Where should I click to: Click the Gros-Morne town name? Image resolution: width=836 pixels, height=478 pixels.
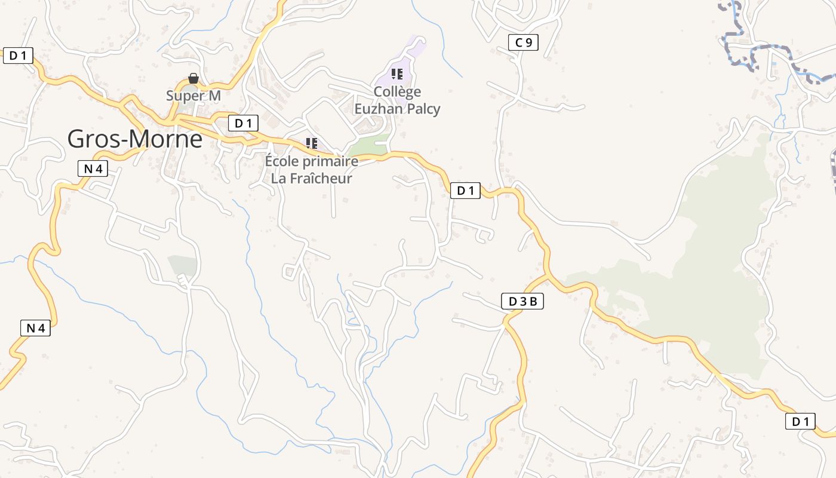(x=134, y=139)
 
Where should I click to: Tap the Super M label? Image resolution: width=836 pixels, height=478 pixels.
(x=193, y=96)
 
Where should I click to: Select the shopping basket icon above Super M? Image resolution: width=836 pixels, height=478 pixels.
(x=193, y=78)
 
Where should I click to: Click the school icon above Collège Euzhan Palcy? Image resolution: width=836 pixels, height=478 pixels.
(x=397, y=74)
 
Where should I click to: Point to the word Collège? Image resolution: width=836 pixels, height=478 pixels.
(x=397, y=92)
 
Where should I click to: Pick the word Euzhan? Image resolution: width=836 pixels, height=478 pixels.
(x=376, y=109)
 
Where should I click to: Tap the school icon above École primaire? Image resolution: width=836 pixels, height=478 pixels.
(x=311, y=143)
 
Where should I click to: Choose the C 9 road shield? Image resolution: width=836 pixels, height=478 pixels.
(x=523, y=42)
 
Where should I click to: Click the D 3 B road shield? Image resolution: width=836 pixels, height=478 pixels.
(x=522, y=302)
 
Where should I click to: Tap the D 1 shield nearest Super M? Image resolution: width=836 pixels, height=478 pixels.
(x=243, y=124)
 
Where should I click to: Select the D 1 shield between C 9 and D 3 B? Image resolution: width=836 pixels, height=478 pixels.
(x=465, y=191)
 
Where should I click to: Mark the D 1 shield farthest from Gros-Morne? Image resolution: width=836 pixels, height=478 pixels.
(x=800, y=421)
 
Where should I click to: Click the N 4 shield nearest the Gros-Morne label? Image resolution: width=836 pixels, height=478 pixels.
(x=93, y=168)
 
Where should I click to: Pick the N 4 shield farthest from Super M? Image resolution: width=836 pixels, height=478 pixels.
(x=36, y=327)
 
